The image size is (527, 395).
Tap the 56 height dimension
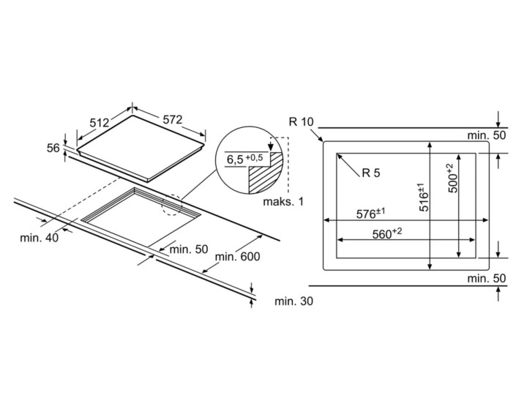coord(53,148)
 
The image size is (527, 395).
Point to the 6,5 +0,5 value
coord(243,159)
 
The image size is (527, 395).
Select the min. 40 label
coord(40,238)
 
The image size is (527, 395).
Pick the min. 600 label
coord(238,257)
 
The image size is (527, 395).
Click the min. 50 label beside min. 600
coord(189,249)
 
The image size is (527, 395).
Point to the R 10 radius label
coord(301,121)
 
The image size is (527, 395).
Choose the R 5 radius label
coord(370,173)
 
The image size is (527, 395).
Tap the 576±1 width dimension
coord(370,214)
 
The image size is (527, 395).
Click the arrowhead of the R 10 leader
coord(322,139)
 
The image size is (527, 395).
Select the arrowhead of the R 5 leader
coord(338,154)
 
